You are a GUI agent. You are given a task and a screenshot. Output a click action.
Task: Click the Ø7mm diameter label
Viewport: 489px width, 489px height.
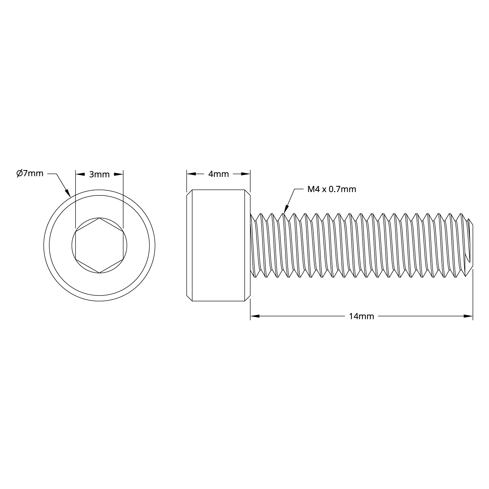[x=30, y=173]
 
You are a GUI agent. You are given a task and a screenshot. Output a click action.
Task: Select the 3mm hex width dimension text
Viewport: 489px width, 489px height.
[x=99, y=174]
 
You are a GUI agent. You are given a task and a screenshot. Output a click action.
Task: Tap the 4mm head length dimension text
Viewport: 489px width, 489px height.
[x=218, y=174]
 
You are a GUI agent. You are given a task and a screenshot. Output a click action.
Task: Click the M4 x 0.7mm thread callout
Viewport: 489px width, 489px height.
[x=332, y=189]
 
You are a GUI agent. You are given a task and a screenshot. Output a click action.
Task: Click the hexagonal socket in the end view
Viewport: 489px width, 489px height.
[x=99, y=245]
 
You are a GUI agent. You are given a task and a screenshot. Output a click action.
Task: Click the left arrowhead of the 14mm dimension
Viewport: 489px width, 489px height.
[x=255, y=316]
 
